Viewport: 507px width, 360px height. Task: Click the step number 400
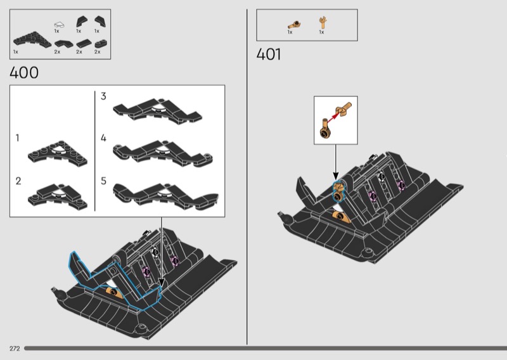coord(24,72)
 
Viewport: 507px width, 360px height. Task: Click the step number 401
coord(269,54)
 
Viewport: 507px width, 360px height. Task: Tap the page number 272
coord(15,349)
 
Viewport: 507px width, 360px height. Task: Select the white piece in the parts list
coord(59,25)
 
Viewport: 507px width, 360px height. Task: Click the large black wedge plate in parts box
coord(32,40)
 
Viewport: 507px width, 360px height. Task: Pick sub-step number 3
coord(103,96)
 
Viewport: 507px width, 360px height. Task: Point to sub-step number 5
coord(103,181)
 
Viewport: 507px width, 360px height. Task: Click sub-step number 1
coord(18,138)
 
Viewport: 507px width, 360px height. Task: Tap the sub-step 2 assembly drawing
coord(58,196)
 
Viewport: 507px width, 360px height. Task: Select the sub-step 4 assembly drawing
coord(163,153)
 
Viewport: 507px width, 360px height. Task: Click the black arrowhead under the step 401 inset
coord(336,176)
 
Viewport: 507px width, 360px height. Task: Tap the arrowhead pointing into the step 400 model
coord(161,283)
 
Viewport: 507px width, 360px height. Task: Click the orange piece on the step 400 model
coord(115,293)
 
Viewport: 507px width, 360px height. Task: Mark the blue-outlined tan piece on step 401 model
coord(338,191)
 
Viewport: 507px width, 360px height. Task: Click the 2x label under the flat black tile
coord(79,52)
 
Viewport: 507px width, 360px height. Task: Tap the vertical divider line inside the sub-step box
coord(94,151)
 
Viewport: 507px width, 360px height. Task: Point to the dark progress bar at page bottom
coord(266,349)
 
